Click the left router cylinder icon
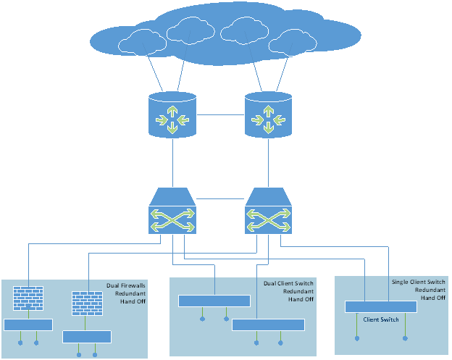click(172, 114)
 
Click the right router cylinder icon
click(269, 114)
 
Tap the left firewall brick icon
click(28, 298)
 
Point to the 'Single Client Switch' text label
click(418, 282)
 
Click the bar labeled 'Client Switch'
click(381, 307)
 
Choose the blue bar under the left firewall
click(28, 325)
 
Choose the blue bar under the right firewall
click(87, 336)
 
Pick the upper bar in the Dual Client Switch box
click(214, 301)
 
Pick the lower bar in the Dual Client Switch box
click(268, 325)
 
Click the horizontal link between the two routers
click(220, 114)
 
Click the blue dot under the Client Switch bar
click(406, 337)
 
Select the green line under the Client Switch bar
click(357, 325)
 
